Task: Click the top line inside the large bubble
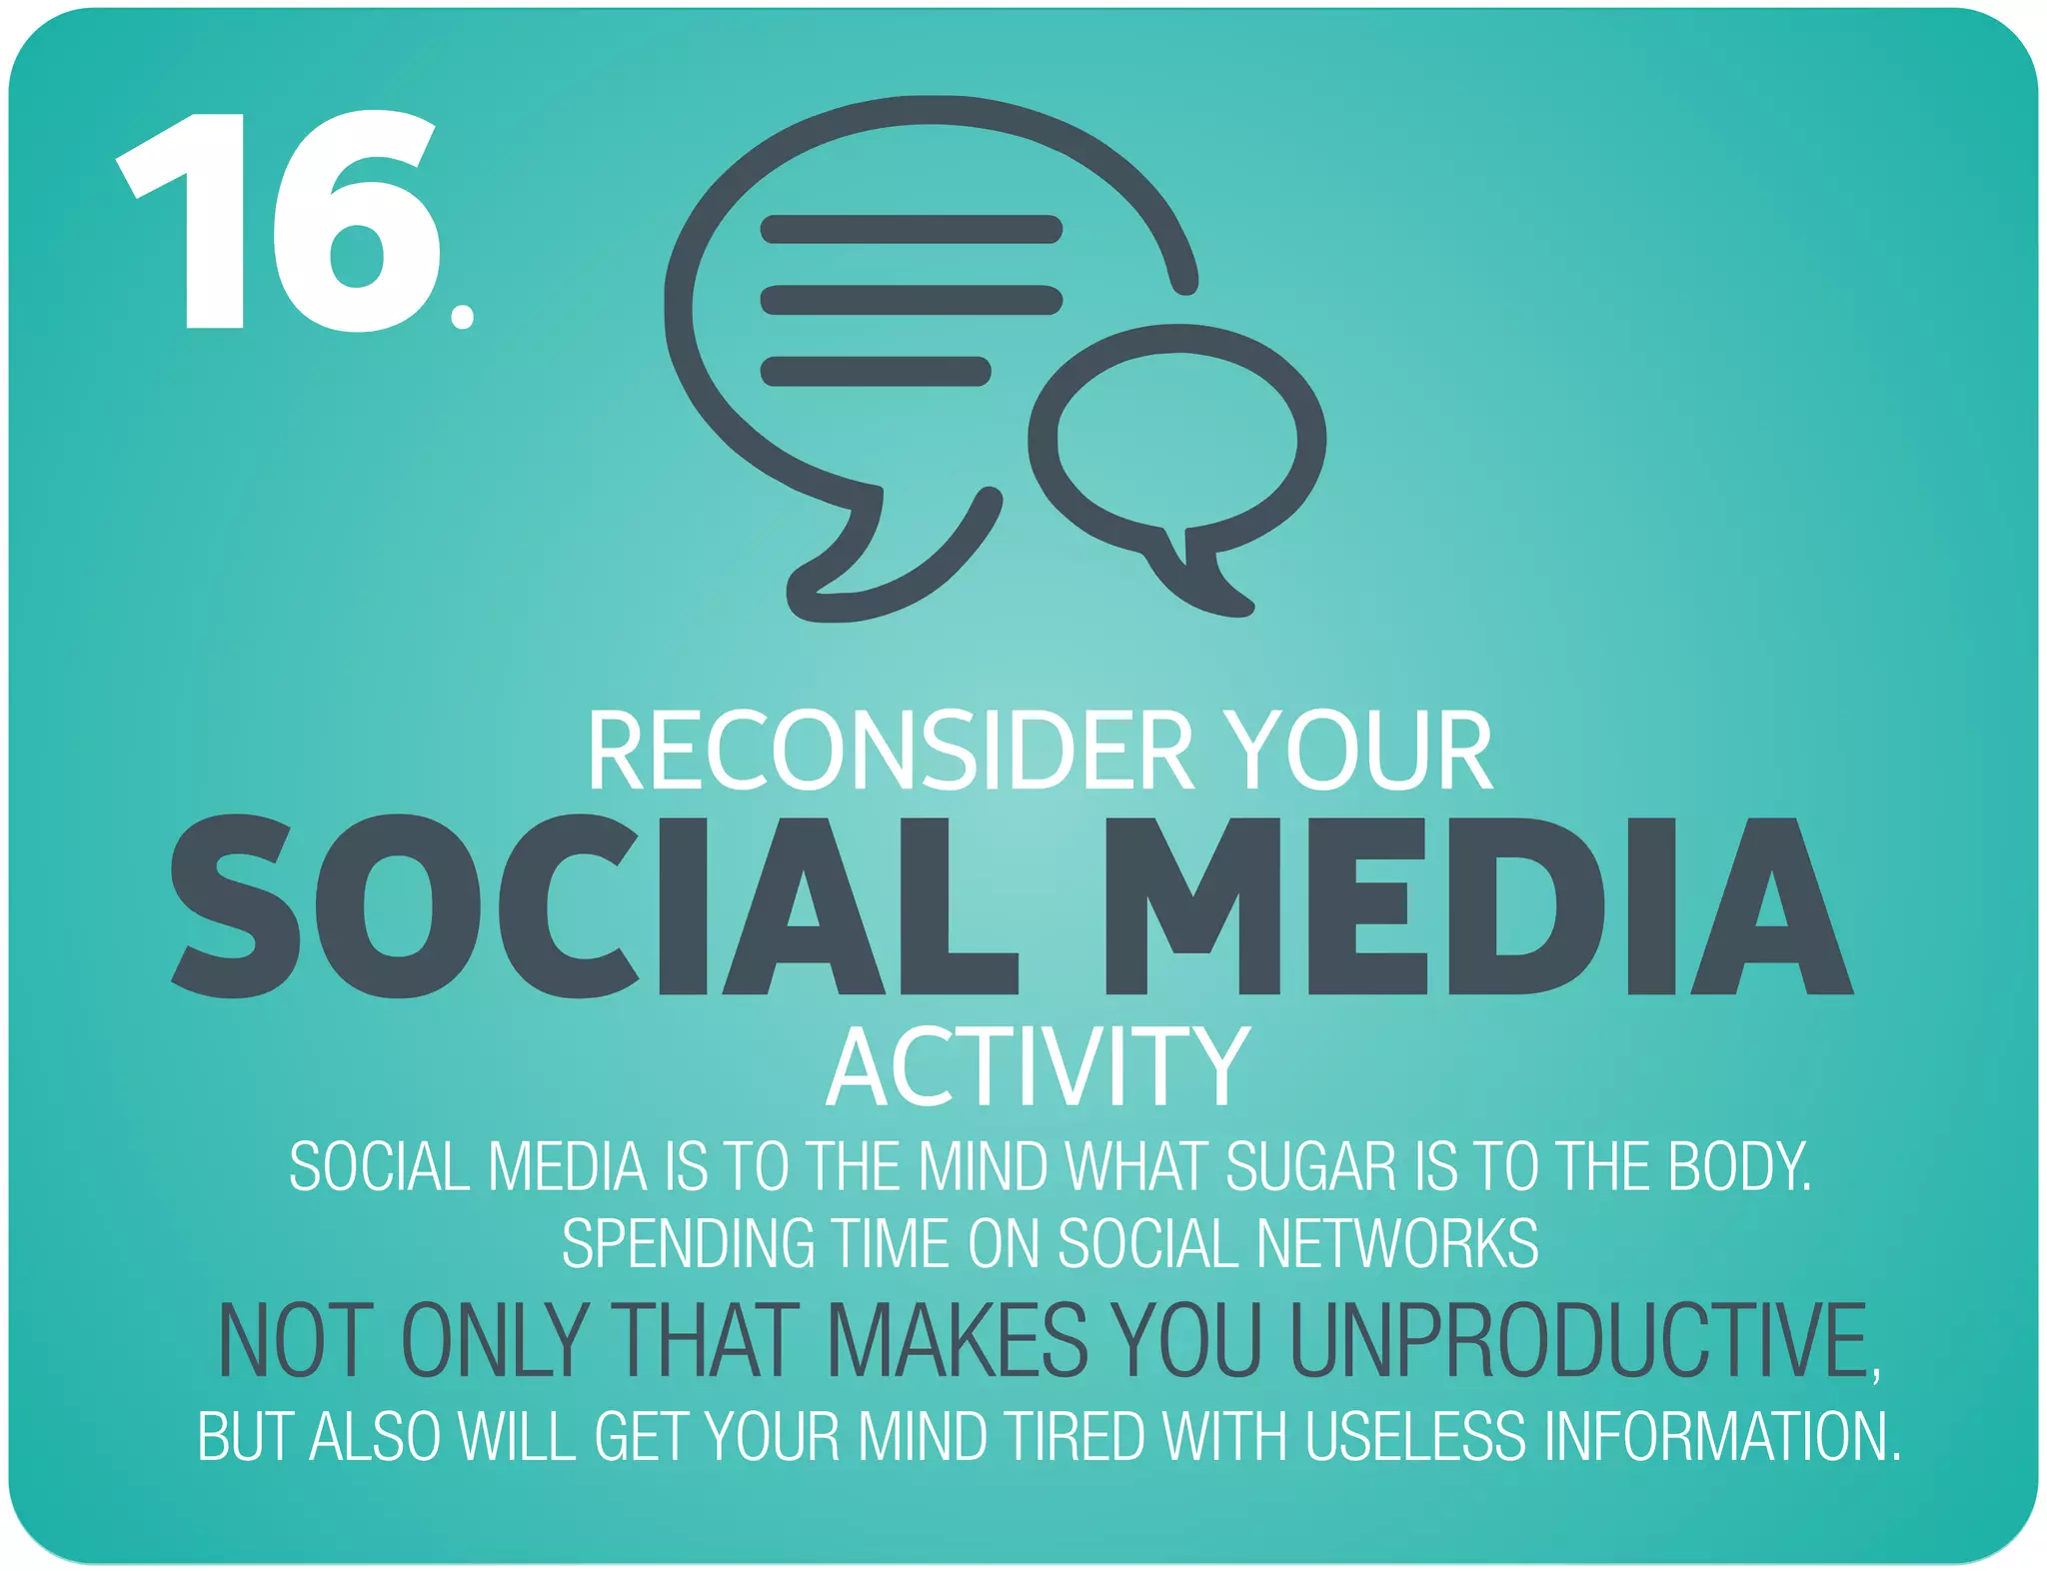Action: pos(911,229)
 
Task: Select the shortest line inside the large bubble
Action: pos(876,371)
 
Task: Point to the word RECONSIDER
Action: pos(890,752)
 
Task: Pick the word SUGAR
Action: pos(1310,1166)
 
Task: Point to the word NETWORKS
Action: pos(1396,1244)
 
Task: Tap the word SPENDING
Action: pos(687,1244)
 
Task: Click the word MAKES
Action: pos(957,1341)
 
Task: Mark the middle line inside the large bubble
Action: pos(911,300)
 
